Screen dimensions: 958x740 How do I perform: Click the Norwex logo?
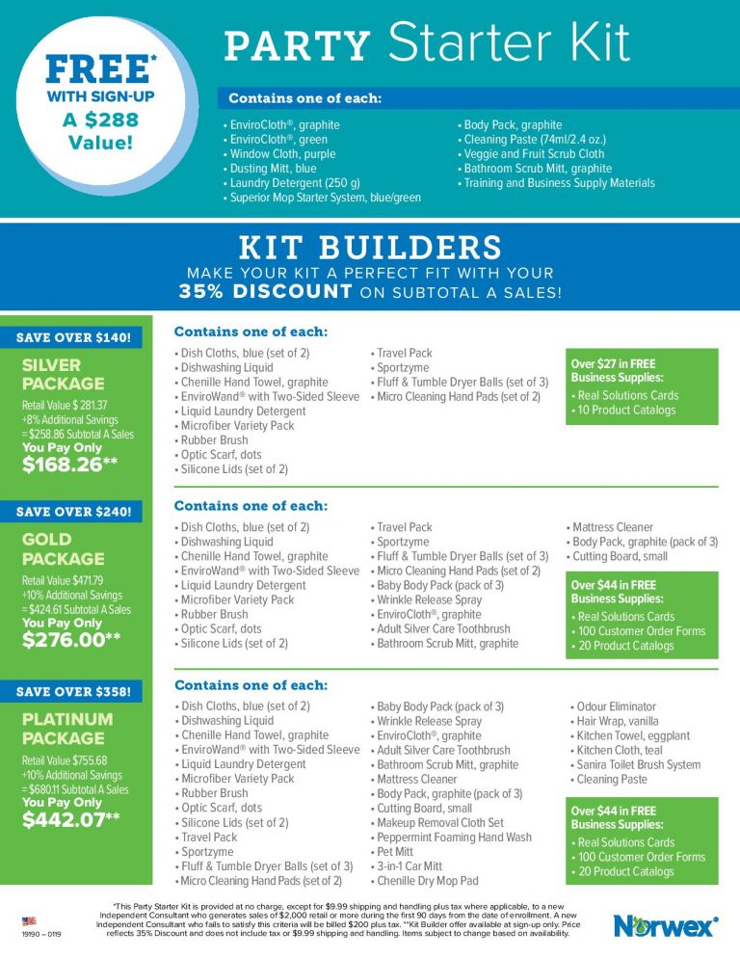point(665,926)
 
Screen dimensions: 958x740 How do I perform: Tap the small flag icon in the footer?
point(31,921)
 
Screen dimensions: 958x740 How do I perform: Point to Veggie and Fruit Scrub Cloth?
point(532,153)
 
